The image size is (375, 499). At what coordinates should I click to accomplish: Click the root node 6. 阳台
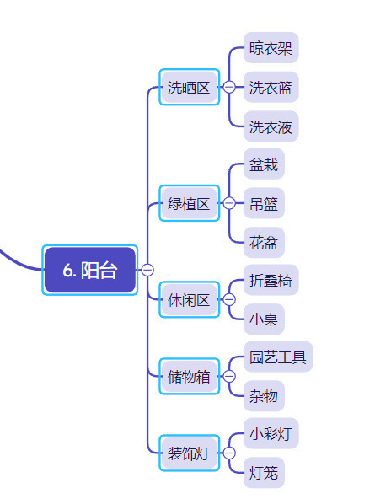point(89,270)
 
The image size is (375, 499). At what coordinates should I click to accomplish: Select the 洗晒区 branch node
point(189,87)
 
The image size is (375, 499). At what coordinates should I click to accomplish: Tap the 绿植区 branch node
point(189,203)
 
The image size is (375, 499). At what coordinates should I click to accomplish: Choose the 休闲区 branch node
point(189,300)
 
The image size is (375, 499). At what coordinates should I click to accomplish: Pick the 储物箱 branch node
point(189,377)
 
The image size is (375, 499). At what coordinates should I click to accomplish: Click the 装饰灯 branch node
point(189,453)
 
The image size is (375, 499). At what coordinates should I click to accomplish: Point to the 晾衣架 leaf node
point(271,48)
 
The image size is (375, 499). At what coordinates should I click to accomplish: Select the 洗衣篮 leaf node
point(271,87)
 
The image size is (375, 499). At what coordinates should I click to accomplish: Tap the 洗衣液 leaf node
point(271,126)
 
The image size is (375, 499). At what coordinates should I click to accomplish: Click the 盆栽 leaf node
point(264,164)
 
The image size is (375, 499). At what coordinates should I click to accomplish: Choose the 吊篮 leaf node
point(264,203)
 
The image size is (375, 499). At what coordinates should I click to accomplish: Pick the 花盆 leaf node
point(264,243)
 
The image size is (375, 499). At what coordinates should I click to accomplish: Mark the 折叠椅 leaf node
point(271,280)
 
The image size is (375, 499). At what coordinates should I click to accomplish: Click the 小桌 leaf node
point(264,319)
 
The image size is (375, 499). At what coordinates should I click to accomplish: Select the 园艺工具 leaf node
point(278,357)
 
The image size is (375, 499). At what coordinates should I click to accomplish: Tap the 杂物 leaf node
point(264,396)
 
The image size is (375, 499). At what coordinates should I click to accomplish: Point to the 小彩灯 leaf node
point(271,433)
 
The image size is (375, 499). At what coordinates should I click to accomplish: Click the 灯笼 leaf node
point(264,473)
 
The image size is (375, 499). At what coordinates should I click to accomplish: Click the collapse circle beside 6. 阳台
point(147,270)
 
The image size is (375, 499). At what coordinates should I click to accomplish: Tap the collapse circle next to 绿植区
point(229,203)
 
